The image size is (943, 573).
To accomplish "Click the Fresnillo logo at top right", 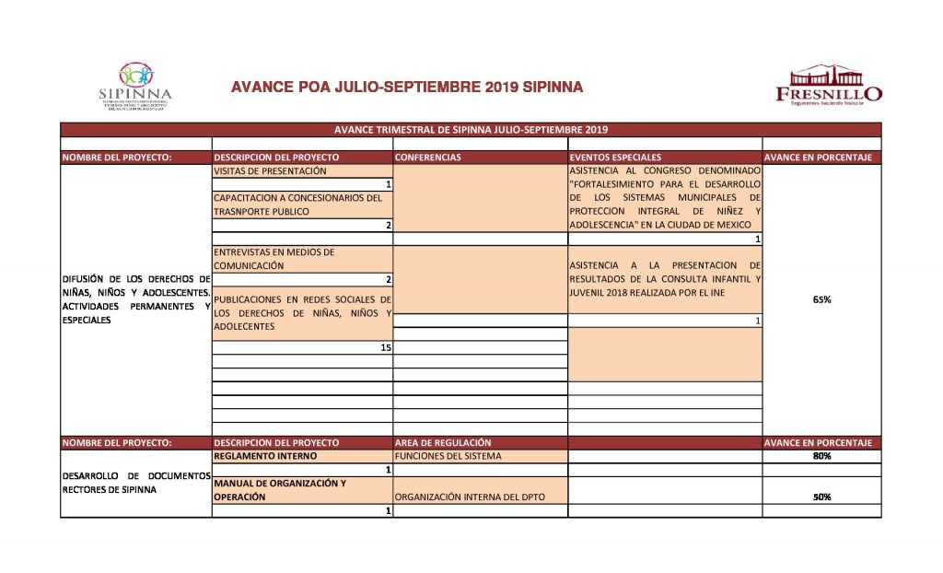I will [828, 85].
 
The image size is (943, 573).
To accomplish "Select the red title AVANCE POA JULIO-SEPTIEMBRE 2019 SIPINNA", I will [407, 88].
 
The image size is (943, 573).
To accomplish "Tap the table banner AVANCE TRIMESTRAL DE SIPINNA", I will [471, 130].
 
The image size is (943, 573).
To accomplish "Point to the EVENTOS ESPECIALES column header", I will [615, 158].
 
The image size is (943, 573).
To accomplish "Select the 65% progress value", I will [821, 298].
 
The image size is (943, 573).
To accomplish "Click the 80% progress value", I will [821, 456].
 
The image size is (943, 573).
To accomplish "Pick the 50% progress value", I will [821, 497].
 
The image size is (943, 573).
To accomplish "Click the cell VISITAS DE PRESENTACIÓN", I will [271, 171].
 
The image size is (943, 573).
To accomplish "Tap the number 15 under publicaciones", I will [386, 347].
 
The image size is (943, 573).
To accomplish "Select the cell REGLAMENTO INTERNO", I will [266, 456].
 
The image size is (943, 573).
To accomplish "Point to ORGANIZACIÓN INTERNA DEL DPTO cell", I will [469, 497].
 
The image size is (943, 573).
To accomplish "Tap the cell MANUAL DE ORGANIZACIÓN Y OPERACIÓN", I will [280, 489].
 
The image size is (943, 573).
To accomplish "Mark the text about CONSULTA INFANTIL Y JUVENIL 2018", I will [665, 278].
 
